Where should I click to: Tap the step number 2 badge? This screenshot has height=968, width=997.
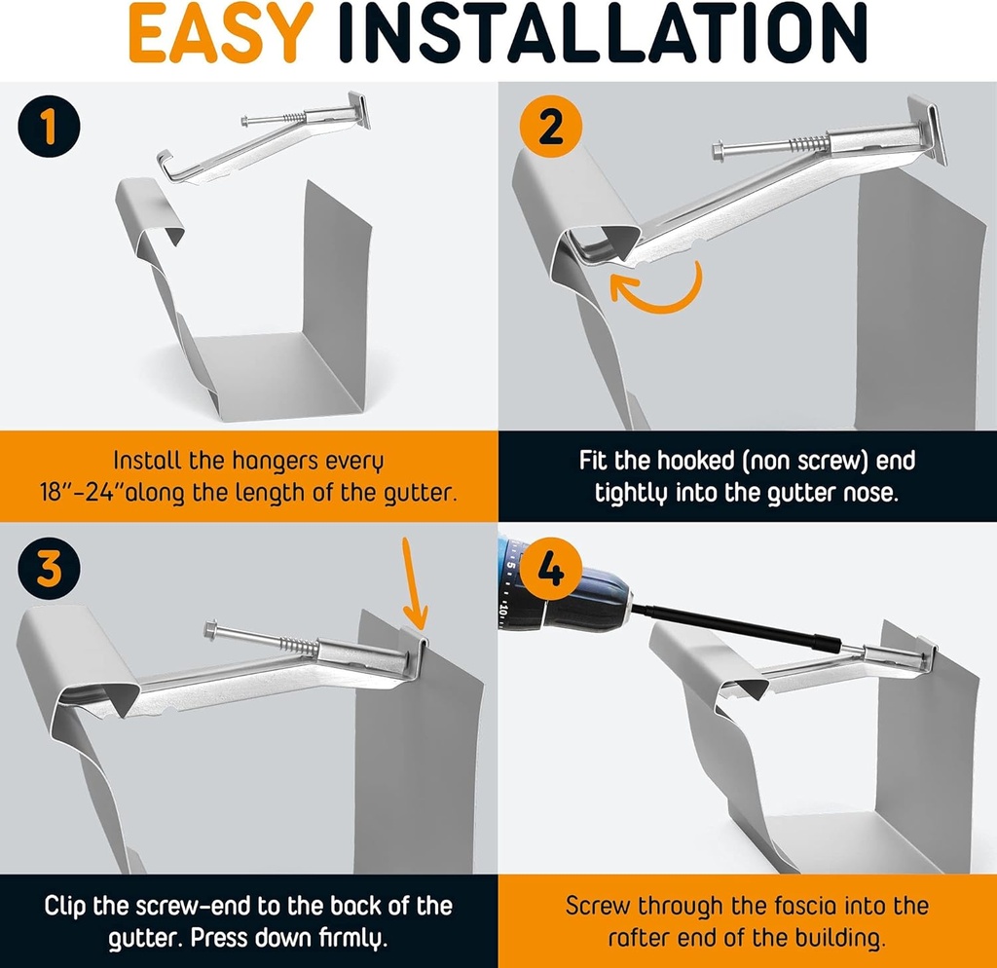tap(551, 129)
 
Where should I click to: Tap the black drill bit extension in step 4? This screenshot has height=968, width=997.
tap(740, 624)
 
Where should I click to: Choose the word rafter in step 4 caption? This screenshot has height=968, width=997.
tap(643, 938)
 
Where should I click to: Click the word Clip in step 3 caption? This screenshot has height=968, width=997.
tap(69, 906)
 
